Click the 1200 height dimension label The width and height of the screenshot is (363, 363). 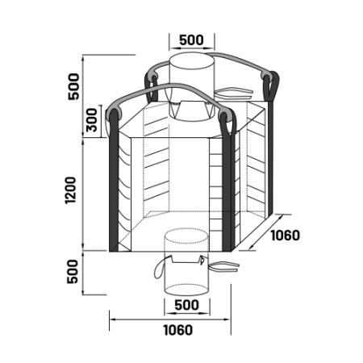[x=70, y=190]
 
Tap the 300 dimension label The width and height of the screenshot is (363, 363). [x=91, y=120]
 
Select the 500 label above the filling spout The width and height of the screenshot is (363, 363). [x=191, y=40]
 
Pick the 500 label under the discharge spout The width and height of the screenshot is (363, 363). [x=186, y=305]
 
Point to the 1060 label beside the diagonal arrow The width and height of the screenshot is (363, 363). [x=285, y=236]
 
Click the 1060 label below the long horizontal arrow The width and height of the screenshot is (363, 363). [x=178, y=330]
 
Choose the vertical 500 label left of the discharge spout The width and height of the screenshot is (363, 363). [x=73, y=272]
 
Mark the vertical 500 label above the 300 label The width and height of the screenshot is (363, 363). [x=74, y=86]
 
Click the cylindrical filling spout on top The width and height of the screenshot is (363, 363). [x=192, y=86]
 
